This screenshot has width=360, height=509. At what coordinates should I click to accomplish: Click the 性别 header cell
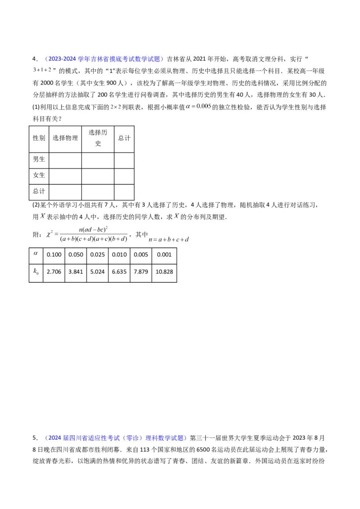click(39, 138)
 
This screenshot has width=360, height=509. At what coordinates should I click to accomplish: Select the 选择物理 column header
click(65, 138)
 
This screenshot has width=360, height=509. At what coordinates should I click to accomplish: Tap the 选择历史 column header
click(97, 138)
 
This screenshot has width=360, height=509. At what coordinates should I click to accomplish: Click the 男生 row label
click(39, 159)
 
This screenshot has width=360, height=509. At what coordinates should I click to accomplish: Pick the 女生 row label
click(39, 174)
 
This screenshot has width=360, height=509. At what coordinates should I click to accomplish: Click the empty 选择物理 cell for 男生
click(65, 160)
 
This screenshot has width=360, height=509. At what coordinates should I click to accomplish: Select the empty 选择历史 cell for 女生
click(97, 174)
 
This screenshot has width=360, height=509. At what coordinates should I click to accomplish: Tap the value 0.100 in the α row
click(54, 254)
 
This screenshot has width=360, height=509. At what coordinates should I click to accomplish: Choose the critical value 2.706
click(54, 272)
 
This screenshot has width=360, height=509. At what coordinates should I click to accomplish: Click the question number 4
click(34, 59)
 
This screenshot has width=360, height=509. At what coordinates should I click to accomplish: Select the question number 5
click(34, 438)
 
